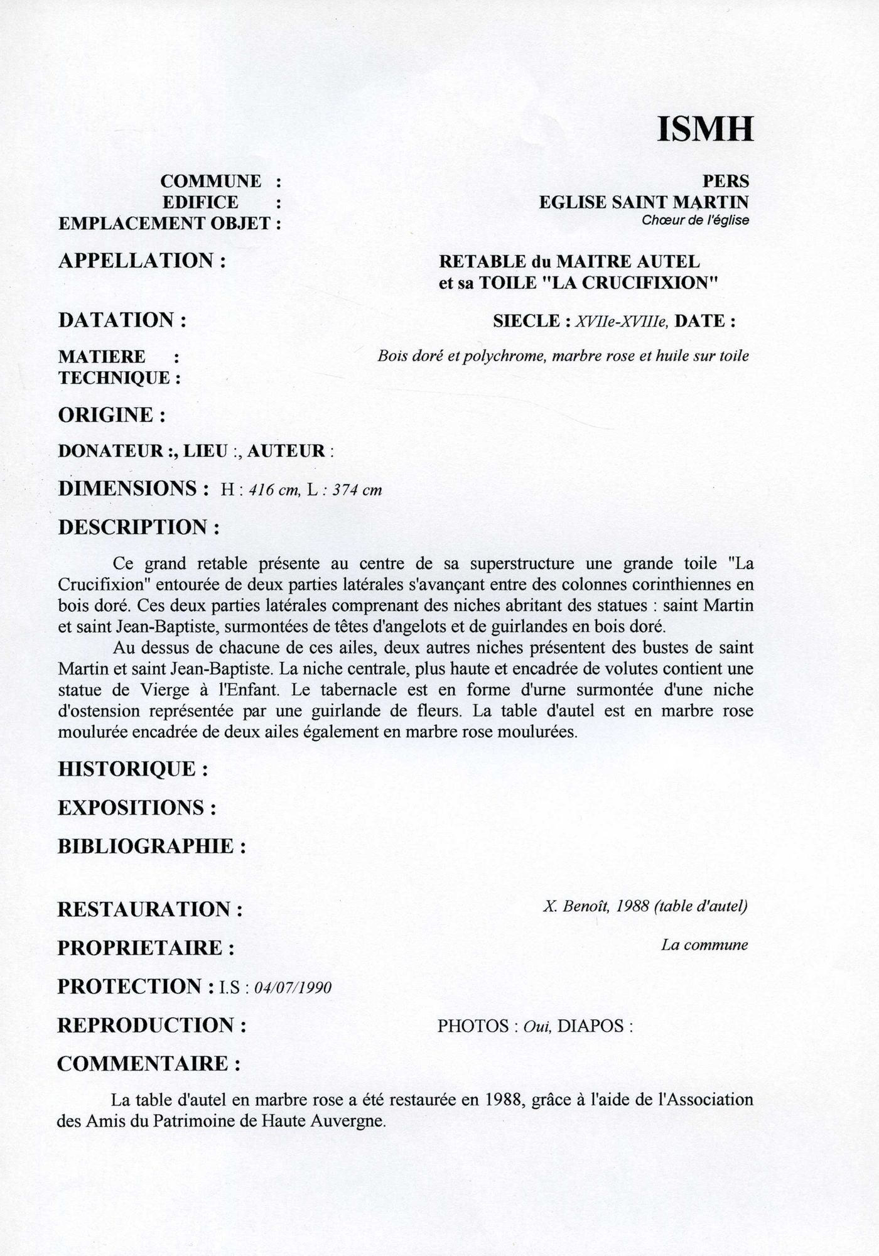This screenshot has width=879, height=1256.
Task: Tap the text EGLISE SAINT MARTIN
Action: click(644, 202)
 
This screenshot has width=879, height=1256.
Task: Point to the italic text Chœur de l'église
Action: click(695, 221)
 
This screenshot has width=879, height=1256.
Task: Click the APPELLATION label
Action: click(141, 261)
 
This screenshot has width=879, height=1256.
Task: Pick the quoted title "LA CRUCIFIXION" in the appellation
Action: click(630, 283)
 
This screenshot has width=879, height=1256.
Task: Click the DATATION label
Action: click(123, 320)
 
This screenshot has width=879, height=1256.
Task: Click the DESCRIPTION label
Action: click(139, 527)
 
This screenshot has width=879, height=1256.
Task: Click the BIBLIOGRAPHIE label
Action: click(151, 847)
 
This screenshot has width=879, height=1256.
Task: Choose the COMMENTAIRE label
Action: click(149, 1064)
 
